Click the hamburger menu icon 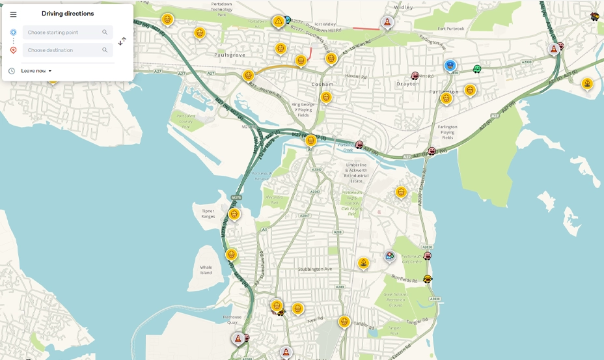pos(13,14)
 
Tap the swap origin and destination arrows pos(122,41)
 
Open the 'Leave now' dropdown pos(36,71)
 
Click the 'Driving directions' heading pos(68,14)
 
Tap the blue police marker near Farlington pos(450,66)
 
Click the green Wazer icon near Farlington pos(477,69)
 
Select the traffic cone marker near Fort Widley pos(387,22)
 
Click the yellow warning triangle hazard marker pos(279,21)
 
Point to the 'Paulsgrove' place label pos(230,55)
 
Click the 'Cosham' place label pos(322,84)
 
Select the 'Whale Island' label pos(206,270)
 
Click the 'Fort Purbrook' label pos(450,29)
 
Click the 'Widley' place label pos(404,7)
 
